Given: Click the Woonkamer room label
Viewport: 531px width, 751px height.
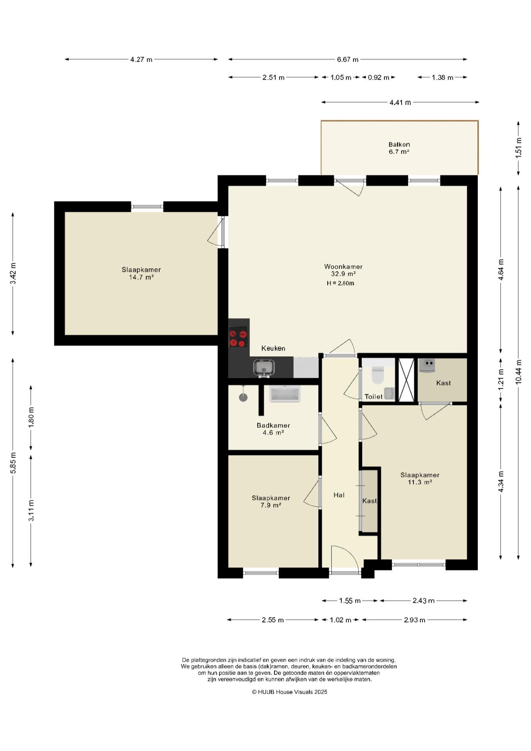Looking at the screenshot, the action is point(343,267).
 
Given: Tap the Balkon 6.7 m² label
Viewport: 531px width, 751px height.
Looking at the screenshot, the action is point(399,148).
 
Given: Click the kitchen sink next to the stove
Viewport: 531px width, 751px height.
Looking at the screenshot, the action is point(264,368).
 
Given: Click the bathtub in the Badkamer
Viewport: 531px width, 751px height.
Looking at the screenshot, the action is point(285,393).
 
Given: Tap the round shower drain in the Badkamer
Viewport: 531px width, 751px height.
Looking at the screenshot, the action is point(243,397).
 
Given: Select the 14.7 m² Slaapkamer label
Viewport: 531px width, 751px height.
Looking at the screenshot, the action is point(141,273).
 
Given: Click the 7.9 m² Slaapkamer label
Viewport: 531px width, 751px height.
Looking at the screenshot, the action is point(271,501).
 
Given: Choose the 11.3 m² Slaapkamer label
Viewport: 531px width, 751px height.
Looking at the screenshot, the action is point(420,478).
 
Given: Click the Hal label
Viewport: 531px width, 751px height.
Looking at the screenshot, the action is point(339,495).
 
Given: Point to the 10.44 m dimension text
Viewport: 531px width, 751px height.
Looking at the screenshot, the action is point(518,372).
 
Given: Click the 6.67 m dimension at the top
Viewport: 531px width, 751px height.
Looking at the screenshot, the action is point(348,59).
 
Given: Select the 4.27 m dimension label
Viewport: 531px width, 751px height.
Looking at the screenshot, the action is point(141,59).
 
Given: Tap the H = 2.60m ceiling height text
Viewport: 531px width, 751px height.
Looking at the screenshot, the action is point(341,283).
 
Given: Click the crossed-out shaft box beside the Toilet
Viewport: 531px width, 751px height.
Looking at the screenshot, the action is point(406,380).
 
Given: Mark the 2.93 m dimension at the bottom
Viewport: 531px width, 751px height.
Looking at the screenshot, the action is point(414,620).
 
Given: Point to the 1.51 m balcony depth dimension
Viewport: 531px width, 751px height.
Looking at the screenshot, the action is point(518,147).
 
